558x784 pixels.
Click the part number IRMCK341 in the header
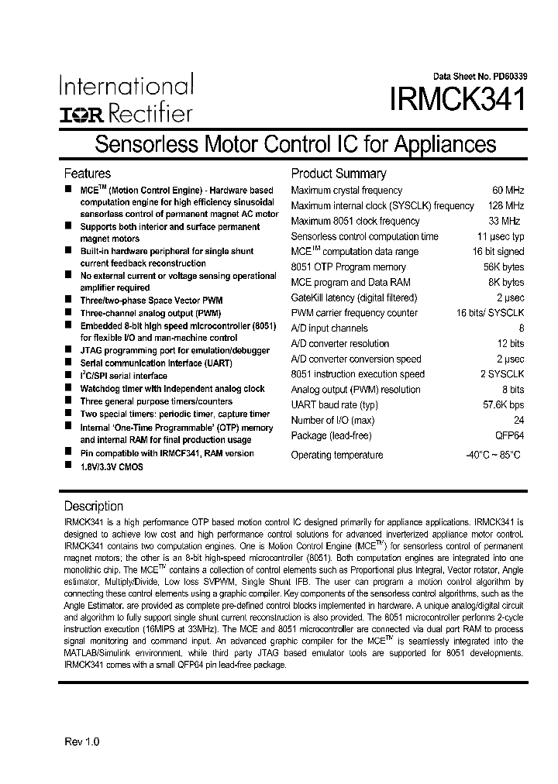pyautogui.click(x=458, y=101)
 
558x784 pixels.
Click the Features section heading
pyautogui.click(x=87, y=174)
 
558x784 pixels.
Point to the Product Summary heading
pyautogui.click(x=338, y=174)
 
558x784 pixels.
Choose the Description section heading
pyautogui.click(x=93, y=506)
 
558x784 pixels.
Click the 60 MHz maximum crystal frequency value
pyautogui.click(x=508, y=191)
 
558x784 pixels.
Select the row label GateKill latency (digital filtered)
pyautogui.click(x=353, y=297)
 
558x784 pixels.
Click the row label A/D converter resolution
pyautogui.click(x=339, y=344)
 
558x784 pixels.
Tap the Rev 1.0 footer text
pyautogui.click(x=81, y=741)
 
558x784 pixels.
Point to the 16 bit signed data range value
pyautogui.click(x=498, y=252)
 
